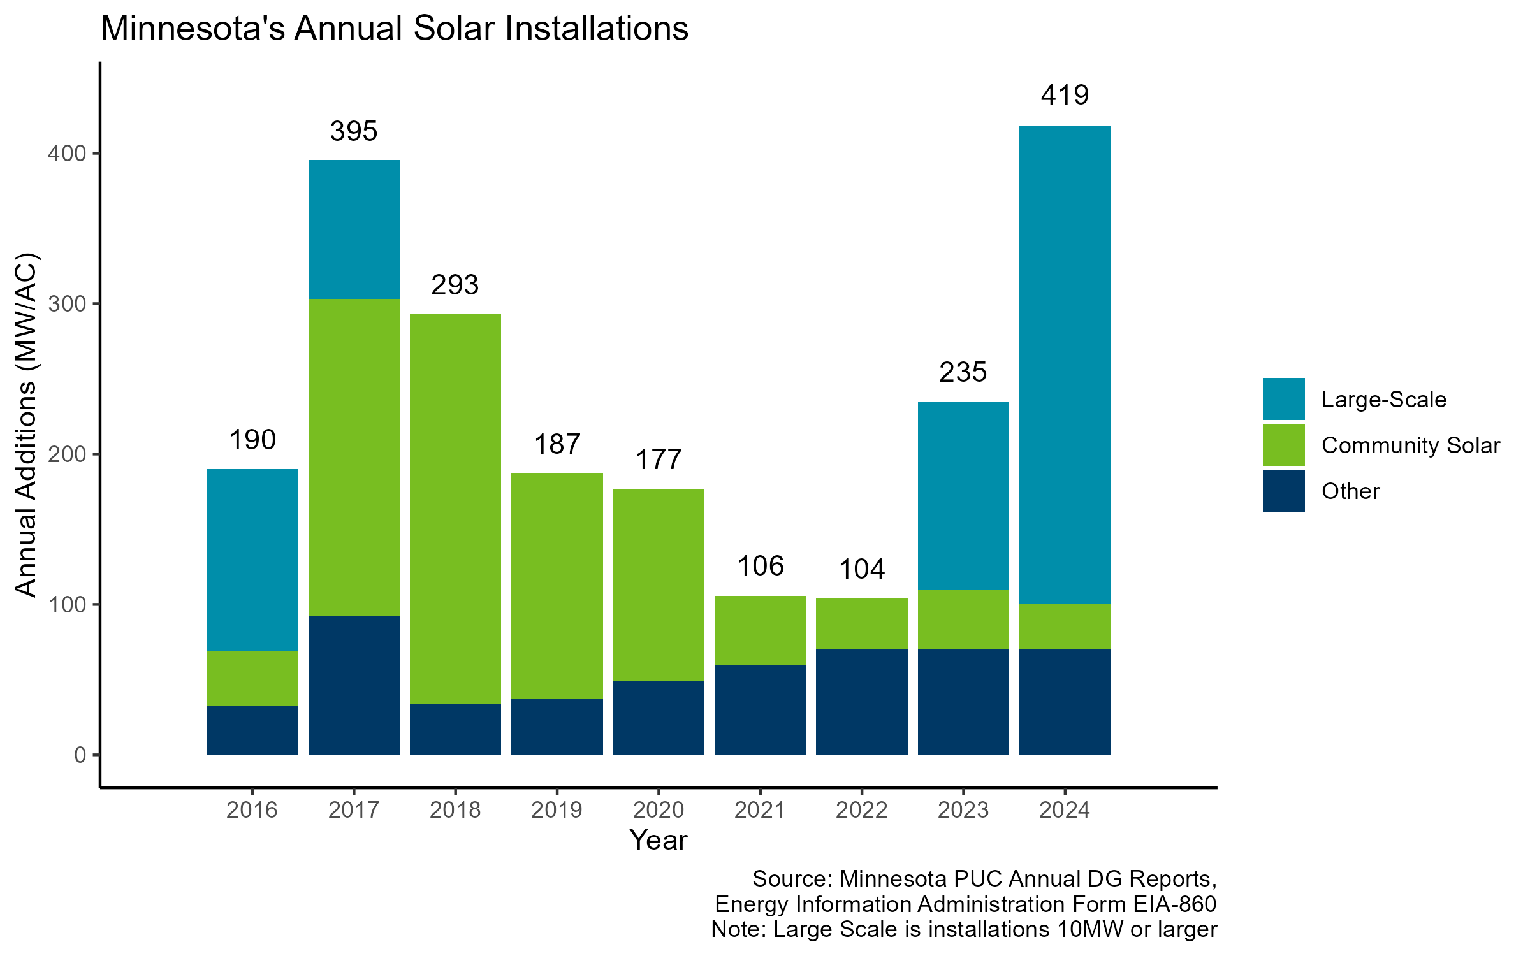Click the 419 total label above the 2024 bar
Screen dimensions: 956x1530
[1065, 96]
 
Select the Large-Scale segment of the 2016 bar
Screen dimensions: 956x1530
[252, 560]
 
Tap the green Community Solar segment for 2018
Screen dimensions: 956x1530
[455, 509]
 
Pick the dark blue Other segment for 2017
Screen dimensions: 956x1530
[354, 684]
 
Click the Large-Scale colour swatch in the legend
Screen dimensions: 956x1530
[1283, 399]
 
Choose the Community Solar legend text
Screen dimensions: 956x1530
[1410, 445]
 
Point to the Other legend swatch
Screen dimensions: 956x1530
[1283, 491]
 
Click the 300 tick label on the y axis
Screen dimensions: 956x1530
[67, 304]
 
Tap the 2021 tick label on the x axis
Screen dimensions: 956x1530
[760, 810]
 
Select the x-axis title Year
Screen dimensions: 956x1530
[658, 841]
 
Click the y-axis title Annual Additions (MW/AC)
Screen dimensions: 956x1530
[27, 425]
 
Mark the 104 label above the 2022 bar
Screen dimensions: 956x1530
[861, 569]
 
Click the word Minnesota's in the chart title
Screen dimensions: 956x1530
[193, 29]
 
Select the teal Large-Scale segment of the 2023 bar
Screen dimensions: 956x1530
[963, 495]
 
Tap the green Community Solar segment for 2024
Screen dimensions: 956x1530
[1065, 626]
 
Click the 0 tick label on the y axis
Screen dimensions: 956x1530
[80, 755]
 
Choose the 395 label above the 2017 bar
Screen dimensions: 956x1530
[354, 132]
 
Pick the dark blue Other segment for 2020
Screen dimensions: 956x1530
[659, 718]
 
